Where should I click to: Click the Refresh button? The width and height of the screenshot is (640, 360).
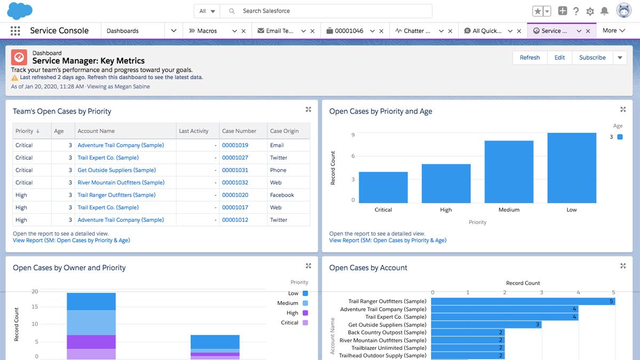click(530, 58)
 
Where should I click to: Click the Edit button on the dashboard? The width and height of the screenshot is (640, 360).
click(559, 58)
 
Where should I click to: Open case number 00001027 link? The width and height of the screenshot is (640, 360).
click(235, 158)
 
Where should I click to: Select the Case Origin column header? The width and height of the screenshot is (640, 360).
click(284, 131)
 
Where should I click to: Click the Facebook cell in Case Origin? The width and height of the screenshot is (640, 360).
click(282, 195)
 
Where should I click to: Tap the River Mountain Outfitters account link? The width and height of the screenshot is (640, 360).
click(121, 182)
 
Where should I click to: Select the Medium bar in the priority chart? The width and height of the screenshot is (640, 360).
click(509, 172)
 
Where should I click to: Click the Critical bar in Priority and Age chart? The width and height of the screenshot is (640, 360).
click(383, 187)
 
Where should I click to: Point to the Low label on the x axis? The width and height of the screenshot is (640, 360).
click(572, 210)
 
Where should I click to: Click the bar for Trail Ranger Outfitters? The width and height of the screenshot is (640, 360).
click(523, 301)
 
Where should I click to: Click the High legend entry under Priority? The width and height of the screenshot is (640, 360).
click(293, 313)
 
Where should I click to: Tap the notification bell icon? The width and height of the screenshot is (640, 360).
click(604, 11)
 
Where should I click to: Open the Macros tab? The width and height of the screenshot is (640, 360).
click(207, 31)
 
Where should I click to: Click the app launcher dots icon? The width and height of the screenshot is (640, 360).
click(15, 31)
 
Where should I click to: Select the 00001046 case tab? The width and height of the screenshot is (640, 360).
click(349, 31)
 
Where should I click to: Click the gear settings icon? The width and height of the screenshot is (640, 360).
click(590, 11)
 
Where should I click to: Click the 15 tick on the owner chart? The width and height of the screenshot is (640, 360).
click(35, 307)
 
